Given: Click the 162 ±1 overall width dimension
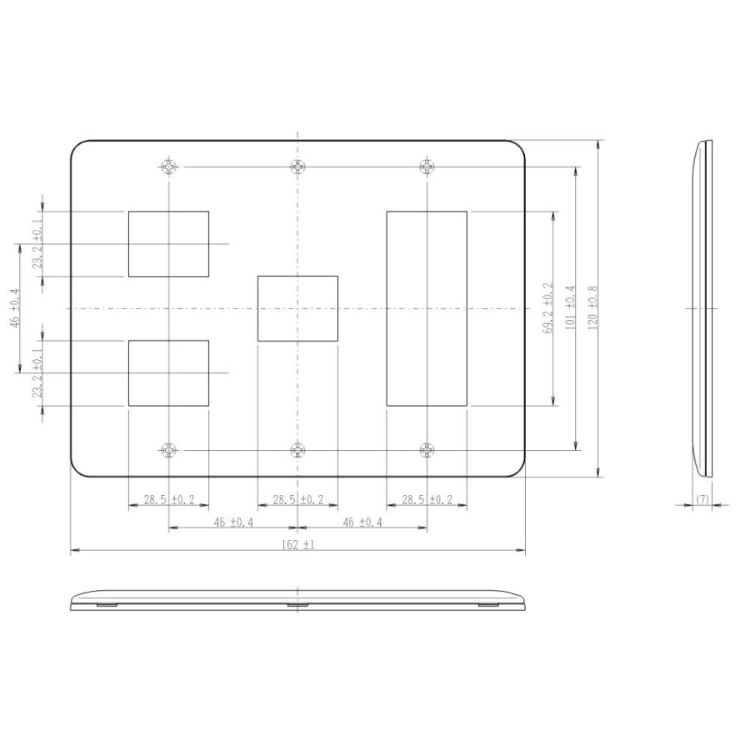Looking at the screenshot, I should [297, 545].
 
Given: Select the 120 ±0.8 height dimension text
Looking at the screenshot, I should [592, 309].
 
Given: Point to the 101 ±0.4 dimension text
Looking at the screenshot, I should [571, 309].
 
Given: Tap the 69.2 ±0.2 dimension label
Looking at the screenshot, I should [547, 309].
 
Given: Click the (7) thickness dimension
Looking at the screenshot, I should [702, 499].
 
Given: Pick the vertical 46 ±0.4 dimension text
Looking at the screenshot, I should [14, 309].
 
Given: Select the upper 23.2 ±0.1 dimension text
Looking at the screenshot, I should [37, 244].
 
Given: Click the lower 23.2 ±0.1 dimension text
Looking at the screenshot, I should [37, 373].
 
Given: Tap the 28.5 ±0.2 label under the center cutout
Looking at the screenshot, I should [297, 500].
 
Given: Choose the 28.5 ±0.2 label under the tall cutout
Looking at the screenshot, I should [427, 500].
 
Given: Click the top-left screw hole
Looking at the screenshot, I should [169, 167].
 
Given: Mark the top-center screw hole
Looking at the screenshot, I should [297, 167].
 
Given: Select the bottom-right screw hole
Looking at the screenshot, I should [427, 450].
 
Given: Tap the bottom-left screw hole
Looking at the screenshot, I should [169, 450].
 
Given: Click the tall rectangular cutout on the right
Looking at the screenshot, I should [427, 308].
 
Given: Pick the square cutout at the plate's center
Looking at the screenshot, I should [297, 308].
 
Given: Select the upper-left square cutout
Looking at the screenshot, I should [168, 243].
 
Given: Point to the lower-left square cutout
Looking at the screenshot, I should [168, 372].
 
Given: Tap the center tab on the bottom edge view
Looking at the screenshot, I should [297, 604].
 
